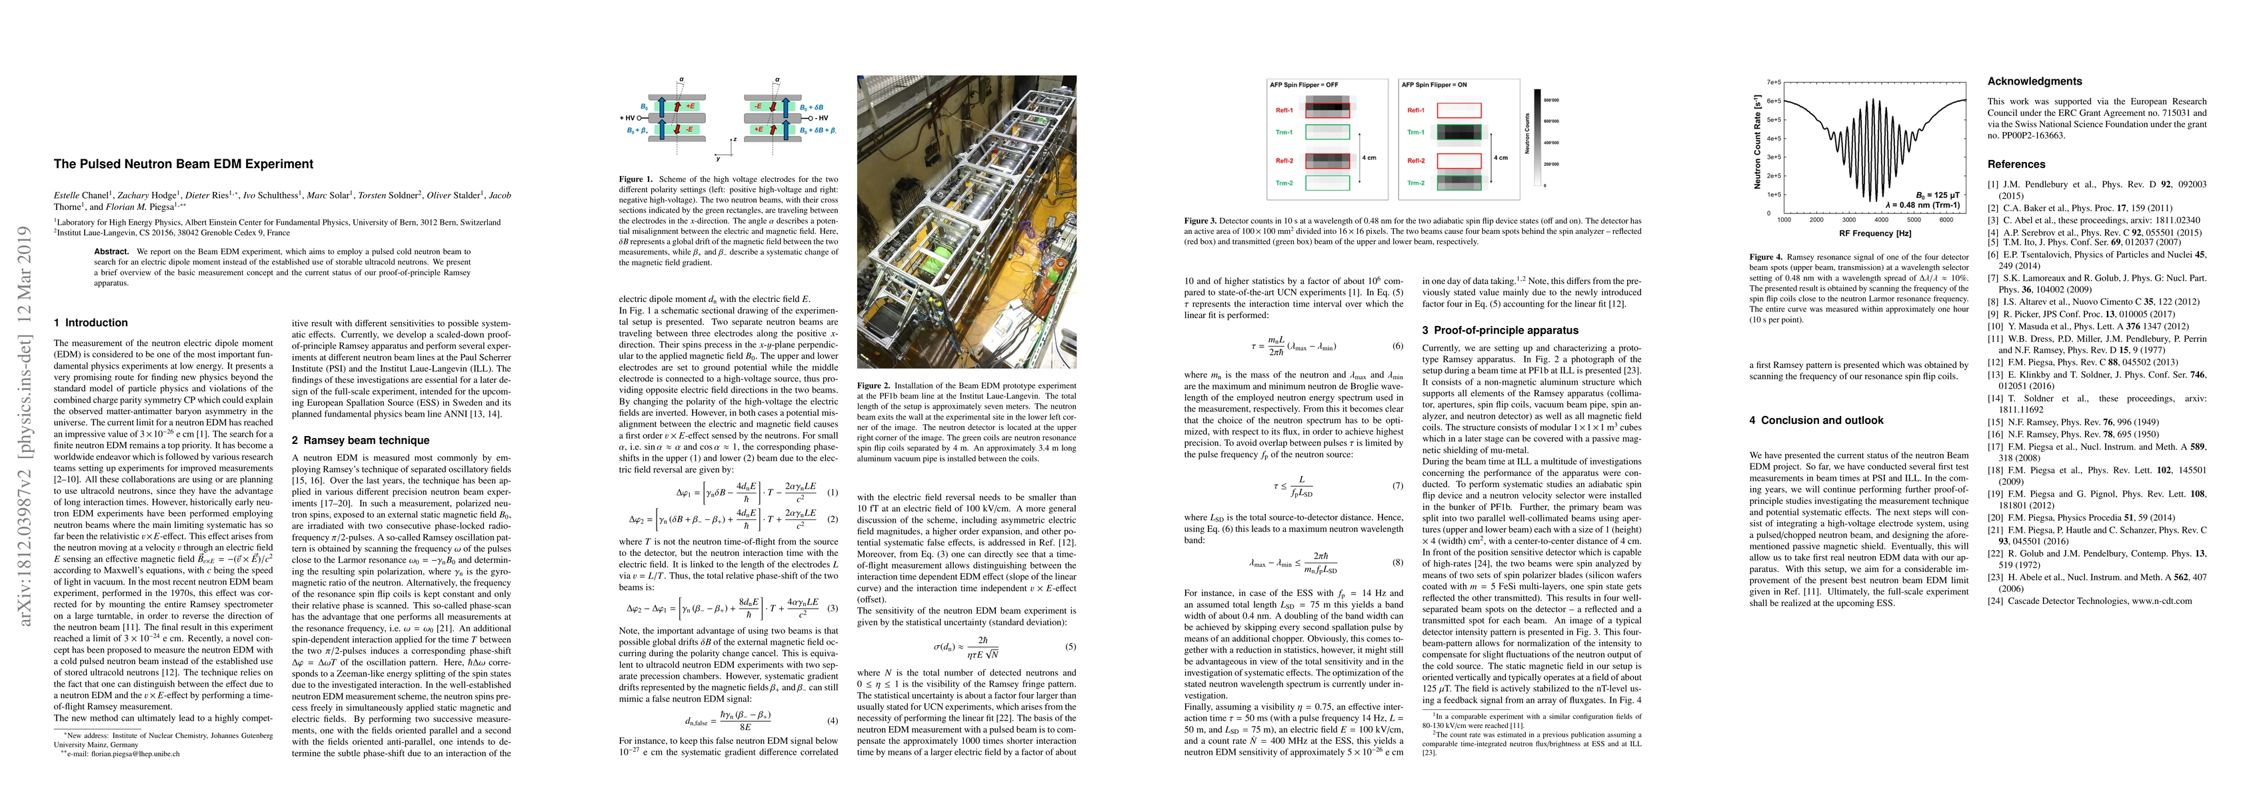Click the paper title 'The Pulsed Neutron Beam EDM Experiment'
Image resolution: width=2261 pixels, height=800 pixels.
[x=183, y=164]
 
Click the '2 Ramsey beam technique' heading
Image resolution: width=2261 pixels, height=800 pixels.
[x=360, y=441]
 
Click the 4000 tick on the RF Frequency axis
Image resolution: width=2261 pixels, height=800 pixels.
[x=1881, y=221]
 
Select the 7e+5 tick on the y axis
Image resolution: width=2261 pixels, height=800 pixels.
[x=1774, y=83]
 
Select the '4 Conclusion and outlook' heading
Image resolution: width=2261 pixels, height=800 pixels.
[x=1815, y=421]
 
